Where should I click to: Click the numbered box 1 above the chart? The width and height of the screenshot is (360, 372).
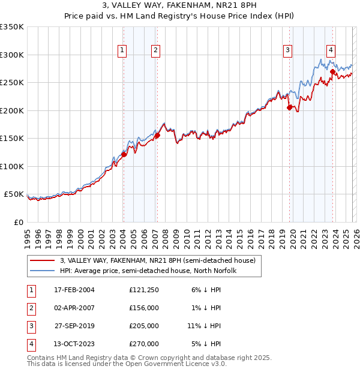122,51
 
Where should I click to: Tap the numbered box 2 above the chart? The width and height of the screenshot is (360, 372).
155,51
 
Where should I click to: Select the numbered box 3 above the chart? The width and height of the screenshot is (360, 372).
288,51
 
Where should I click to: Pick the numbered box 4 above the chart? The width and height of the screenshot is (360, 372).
331,51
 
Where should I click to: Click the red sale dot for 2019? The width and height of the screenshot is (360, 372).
289,108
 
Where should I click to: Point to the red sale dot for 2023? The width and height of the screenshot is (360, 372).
332,71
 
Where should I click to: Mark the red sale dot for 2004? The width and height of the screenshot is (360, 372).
124,154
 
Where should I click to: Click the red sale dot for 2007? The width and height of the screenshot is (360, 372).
157,135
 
